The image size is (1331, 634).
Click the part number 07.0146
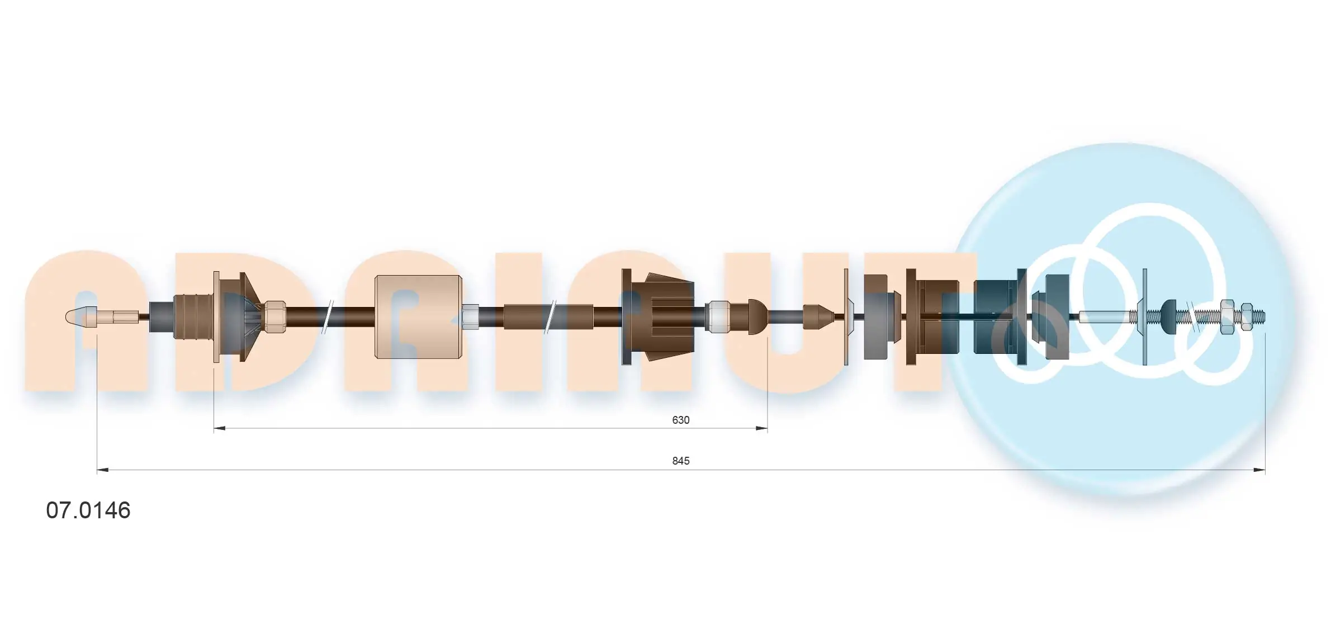click(88, 510)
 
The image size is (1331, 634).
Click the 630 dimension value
click(680, 420)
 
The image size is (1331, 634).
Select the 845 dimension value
click(680, 461)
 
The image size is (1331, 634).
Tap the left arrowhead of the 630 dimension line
click(220, 428)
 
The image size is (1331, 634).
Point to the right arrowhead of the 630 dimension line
click(761, 428)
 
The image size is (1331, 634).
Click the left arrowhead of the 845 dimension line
click(103, 470)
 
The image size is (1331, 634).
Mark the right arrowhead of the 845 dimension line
click(1259, 470)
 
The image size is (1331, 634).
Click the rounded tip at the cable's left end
click(78, 317)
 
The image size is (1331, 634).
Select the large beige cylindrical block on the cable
click(418, 316)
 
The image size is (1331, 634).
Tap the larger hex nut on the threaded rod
click(1226, 317)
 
